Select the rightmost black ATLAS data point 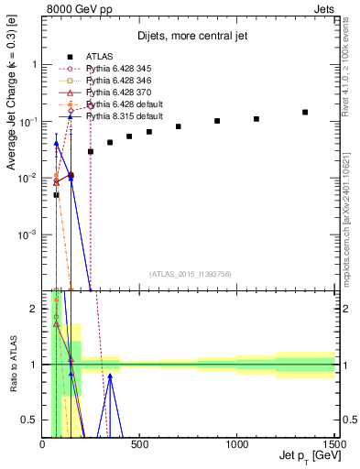tap(305, 113)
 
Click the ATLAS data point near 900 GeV tap(217, 121)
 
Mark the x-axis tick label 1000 tap(237, 446)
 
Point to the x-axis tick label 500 tap(140, 446)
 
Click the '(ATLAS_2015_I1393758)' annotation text tap(189, 273)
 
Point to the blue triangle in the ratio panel tap(110, 376)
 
